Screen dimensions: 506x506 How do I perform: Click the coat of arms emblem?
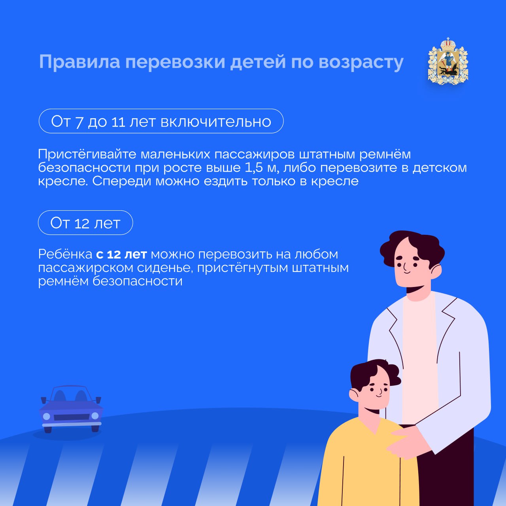448,61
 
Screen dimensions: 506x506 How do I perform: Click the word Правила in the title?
79,62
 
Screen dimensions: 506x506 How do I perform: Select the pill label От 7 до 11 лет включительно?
161,121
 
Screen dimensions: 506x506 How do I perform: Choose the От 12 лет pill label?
85,223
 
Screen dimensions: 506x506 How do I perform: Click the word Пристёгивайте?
87,155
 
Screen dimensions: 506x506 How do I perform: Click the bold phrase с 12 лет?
121,254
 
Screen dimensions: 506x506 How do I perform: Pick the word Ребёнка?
65,254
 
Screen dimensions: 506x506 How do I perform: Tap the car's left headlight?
47,416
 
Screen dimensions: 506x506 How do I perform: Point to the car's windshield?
70,395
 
